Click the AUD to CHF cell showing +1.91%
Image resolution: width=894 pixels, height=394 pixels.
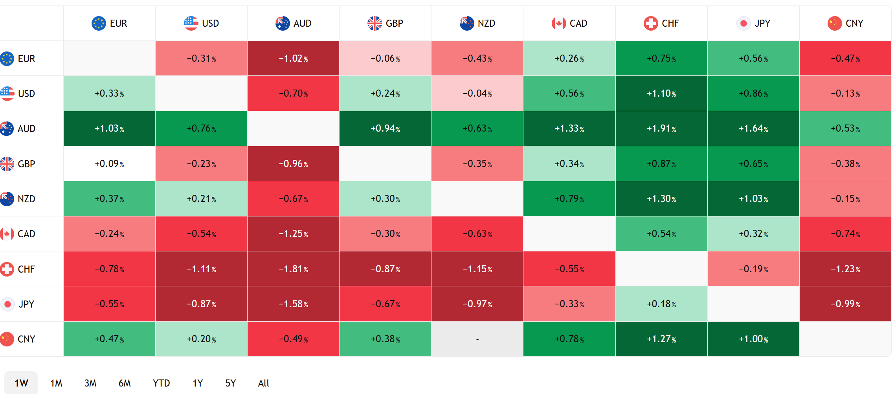(661, 128)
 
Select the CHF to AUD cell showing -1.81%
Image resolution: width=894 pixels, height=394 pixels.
(293, 269)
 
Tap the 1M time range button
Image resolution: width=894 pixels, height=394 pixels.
(56, 383)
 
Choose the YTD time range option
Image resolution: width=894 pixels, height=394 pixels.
(161, 383)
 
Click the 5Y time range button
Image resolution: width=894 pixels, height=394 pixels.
(231, 383)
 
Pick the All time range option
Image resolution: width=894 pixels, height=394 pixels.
(264, 383)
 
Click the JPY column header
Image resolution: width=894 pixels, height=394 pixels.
(753, 23)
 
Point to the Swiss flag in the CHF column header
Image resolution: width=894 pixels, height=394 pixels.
(650, 23)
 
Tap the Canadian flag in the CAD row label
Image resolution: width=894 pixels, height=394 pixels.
(7, 234)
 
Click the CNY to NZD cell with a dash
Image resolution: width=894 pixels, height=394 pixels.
(477, 339)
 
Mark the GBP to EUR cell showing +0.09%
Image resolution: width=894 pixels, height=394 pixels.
(109, 163)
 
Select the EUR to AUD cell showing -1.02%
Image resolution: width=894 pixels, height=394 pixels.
(293, 58)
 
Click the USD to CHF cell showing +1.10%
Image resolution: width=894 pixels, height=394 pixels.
(661, 93)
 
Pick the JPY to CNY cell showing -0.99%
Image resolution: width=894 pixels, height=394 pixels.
(845, 304)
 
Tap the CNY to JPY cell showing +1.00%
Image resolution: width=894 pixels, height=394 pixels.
(753, 339)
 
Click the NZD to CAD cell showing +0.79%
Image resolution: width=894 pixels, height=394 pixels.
(569, 199)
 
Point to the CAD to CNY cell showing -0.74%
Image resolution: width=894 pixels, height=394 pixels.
(845, 234)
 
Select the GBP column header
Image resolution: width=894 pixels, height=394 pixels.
(385, 23)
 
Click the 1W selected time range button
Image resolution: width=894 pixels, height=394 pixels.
(21, 383)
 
